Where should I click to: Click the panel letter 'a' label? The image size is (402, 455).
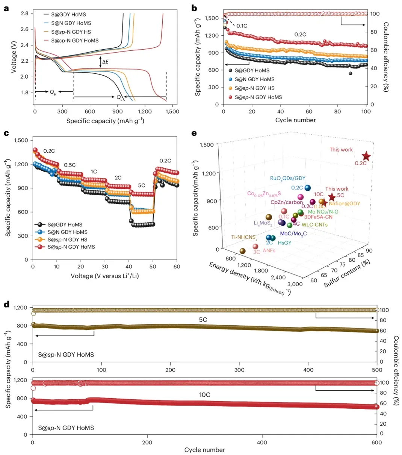tap(6, 8)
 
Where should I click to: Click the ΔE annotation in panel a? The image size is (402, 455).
tap(105, 62)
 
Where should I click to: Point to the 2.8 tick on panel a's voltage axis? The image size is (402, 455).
tap(24, 14)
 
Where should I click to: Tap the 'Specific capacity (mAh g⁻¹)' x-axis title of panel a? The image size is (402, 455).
tap(105, 121)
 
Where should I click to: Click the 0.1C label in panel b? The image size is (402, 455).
tap(242, 26)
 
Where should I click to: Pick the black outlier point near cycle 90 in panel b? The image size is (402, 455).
tap(351, 73)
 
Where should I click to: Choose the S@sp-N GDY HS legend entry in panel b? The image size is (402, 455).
tap(254, 88)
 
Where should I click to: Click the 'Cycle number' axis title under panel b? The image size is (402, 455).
tap(295, 120)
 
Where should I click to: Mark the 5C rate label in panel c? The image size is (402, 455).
tap(142, 186)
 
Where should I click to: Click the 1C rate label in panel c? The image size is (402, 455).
tap(94, 171)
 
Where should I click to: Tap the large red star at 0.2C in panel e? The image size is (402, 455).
tap(366, 157)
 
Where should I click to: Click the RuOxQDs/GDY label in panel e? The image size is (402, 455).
tap(288, 178)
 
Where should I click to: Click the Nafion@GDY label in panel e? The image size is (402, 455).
tap(344, 204)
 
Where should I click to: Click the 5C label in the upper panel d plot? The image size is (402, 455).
tap(203, 320)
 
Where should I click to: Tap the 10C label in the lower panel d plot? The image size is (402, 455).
tap(204, 395)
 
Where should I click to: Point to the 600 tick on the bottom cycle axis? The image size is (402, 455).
tap(377, 443)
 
